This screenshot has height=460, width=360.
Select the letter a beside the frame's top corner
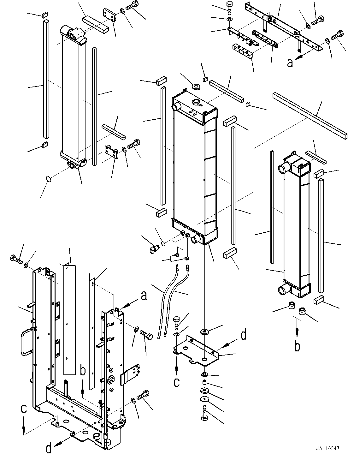click(x=144, y=296)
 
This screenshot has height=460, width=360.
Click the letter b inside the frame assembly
click(x=82, y=371)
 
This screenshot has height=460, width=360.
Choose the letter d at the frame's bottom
click(x=49, y=448)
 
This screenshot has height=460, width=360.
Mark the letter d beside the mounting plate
click(x=243, y=335)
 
